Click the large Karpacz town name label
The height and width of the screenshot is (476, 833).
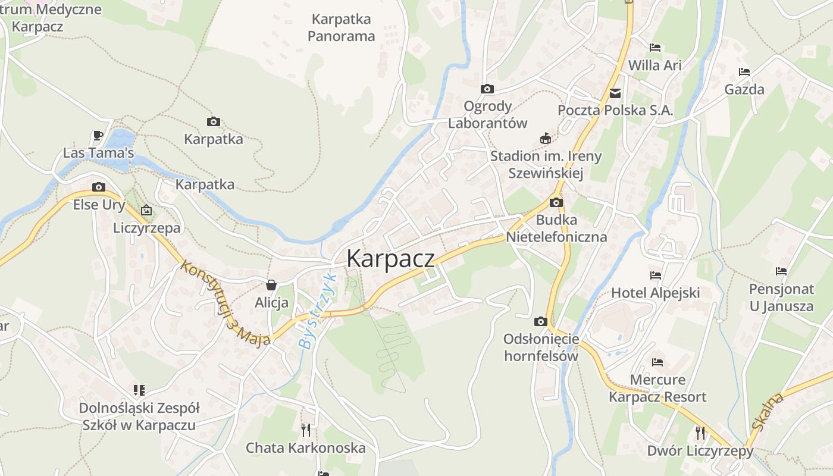point(390,259)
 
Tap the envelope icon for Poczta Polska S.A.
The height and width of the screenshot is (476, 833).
point(615,93)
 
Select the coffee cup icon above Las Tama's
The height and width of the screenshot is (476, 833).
point(98,136)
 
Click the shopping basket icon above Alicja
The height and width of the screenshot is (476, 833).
point(271,285)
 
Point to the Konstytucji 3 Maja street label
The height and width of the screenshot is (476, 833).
point(226,303)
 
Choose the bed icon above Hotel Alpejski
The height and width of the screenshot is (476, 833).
point(655,275)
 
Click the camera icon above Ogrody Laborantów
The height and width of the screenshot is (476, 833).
point(487,89)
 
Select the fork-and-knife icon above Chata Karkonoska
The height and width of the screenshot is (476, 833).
point(306,430)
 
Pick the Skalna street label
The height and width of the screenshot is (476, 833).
point(768,411)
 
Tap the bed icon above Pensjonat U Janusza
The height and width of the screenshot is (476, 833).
point(781,271)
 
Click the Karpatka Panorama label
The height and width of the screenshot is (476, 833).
point(342,27)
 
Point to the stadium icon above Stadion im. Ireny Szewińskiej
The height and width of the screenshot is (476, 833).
point(545,139)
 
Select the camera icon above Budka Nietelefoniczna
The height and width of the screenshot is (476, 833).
point(556,202)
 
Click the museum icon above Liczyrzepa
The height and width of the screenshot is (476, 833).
point(146,210)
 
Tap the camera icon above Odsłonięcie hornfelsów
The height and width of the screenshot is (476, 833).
point(540,322)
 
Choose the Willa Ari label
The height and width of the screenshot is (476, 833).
point(655,65)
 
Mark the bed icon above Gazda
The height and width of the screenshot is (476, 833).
point(744,72)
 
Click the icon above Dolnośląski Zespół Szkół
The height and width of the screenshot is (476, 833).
point(139,390)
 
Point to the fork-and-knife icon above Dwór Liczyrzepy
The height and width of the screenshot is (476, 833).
point(700,433)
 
